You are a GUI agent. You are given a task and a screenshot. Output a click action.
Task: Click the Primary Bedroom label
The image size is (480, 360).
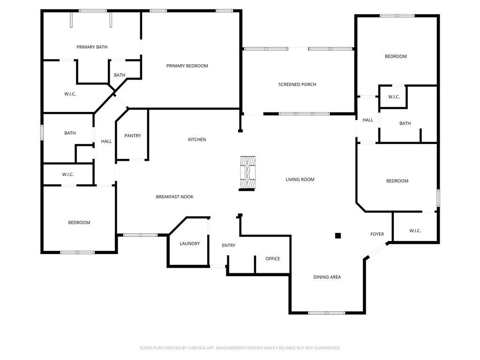pyautogui.click(x=187, y=66)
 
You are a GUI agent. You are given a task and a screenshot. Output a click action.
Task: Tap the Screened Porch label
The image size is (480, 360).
pyautogui.click(x=297, y=84)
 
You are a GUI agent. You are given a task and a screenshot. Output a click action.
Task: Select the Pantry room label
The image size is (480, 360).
pyautogui.click(x=133, y=135)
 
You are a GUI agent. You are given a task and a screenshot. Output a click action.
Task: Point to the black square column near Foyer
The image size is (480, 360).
pyautogui.click(x=338, y=235)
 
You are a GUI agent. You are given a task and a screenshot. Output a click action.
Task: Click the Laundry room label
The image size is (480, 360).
pyautogui.click(x=190, y=244)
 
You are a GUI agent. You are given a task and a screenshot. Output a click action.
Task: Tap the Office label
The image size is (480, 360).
pyautogui.click(x=273, y=259)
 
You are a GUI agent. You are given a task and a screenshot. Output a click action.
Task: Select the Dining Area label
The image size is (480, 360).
pyautogui.click(x=327, y=277)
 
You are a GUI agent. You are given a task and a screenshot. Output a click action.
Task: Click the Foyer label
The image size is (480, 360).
pyautogui.click(x=377, y=234)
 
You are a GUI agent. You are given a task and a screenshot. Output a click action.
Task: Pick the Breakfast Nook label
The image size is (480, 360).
pyautogui.click(x=174, y=197)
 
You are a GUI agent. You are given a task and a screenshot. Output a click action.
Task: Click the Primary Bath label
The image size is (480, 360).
pyautogui.click(x=92, y=47)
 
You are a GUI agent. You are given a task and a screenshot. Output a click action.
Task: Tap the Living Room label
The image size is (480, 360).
pyautogui.click(x=300, y=180)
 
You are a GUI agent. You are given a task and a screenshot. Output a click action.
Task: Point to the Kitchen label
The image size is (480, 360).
pyautogui.click(x=197, y=140)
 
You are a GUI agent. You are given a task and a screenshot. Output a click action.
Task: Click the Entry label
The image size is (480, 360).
pyautogui.click(x=229, y=246)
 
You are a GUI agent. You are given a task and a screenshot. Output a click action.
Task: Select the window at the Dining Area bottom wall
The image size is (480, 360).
pyautogui.click(x=327, y=313)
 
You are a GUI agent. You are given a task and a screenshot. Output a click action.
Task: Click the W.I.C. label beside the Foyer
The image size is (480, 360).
pyautogui.click(x=415, y=231)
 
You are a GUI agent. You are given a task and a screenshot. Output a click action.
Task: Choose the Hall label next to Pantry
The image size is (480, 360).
pyautogui.click(x=106, y=142)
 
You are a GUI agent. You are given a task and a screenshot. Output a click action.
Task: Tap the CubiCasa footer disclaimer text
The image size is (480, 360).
pyautogui.click(x=240, y=348)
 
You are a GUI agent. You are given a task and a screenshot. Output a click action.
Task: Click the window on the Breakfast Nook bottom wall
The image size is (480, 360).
pyautogui.click(x=140, y=235)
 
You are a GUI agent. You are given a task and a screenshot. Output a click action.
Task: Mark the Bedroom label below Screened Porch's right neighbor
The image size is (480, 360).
pyautogui.click(x=397, y=181)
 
